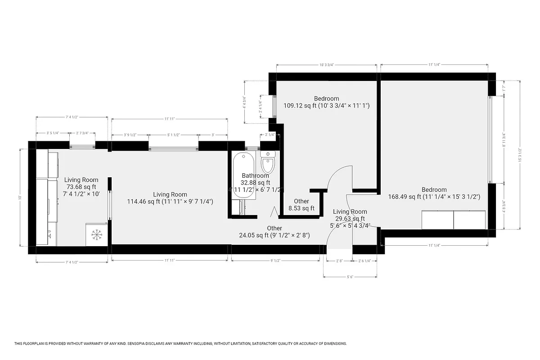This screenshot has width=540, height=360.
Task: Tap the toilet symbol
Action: [x=268, y=162]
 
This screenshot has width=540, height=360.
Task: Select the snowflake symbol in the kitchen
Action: [x=96, y=235]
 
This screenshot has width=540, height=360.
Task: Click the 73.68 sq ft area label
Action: [x=81, y=187]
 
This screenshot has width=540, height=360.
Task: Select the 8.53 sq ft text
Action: [x=301, y=208]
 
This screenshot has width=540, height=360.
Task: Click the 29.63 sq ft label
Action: [x=350, y=219]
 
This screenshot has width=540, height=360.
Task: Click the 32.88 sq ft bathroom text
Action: [x=256, y=183]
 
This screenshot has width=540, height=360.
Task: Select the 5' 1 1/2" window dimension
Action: [x=173, y=135]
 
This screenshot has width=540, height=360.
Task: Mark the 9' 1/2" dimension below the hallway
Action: [x=275, y=260]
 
